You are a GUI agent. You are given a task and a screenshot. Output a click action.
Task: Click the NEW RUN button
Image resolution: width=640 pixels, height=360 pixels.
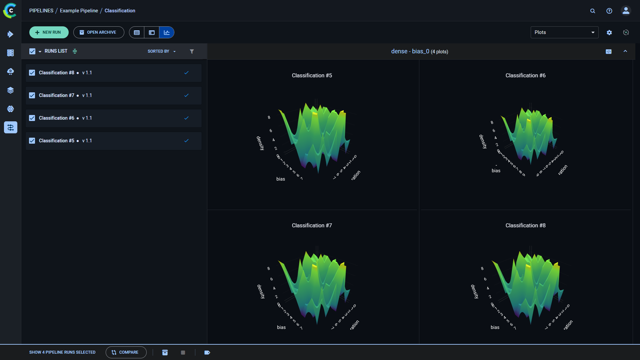[x=49, y=32]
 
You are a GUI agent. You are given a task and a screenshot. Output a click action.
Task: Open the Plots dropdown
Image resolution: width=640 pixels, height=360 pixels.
[x=564, y=32]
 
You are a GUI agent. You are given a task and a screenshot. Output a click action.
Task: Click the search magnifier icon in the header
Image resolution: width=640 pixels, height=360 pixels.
[x=593, y=11]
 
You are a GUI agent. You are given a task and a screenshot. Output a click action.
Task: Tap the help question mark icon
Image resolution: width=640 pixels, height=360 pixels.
[x=609, y=11]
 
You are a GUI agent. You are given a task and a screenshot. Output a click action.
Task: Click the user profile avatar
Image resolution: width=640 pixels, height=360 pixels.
[x=626, y=11]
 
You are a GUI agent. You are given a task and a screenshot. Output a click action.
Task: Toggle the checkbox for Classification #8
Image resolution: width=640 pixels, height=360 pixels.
[x=32, y=73]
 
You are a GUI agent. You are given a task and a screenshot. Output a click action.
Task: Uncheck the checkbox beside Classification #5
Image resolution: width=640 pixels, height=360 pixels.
[x=32, y=141]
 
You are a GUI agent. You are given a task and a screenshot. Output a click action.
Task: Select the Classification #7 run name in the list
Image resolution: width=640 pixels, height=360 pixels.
[x=56, y=95]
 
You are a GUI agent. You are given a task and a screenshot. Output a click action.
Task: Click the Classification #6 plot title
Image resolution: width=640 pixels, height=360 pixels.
[x=525, y=76]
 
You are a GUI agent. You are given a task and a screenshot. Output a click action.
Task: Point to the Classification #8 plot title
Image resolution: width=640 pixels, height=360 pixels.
[x=525, y=226]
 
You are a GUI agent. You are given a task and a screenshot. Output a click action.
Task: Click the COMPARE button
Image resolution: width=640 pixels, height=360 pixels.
[x=126, y=352]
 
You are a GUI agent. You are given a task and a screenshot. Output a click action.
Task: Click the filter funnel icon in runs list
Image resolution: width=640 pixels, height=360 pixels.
[x=192, y=51]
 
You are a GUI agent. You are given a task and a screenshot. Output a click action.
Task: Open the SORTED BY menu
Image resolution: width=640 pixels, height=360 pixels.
[x=161, y=51]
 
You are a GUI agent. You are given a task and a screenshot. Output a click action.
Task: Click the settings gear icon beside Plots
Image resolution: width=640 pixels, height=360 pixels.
[x=609, y=32]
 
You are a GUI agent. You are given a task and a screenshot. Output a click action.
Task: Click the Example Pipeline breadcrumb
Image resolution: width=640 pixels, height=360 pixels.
[x=79, y=11]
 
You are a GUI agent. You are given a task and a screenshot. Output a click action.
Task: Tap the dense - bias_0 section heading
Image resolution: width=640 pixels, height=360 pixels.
[x=410, y=51]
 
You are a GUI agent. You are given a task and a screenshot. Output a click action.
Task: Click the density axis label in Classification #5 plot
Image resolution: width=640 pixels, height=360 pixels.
[x=260, y=143]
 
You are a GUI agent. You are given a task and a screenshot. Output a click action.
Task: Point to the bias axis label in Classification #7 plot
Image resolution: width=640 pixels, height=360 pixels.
[x=281, y=327]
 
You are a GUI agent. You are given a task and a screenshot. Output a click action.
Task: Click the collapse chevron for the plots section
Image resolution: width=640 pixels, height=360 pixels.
[x=625, y=51]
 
